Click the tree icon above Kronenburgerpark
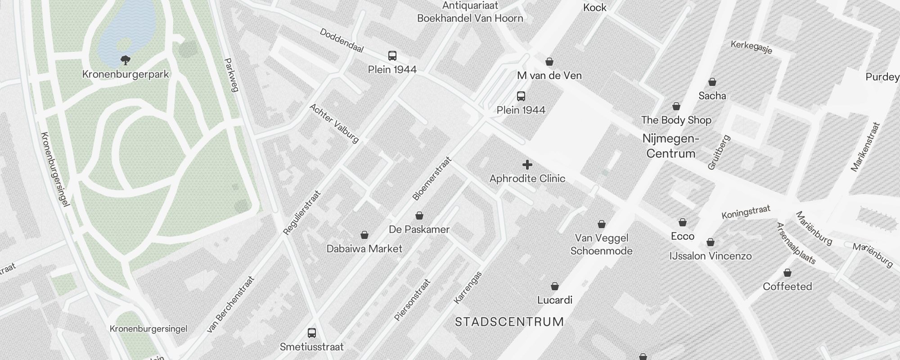pos(126,60)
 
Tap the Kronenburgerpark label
pos(126,74)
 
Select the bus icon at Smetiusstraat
pos(311,333)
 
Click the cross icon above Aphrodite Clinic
pos(527,165)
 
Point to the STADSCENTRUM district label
pos(509,322)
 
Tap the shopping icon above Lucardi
pos(555,286)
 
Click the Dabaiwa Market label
pos(364,249)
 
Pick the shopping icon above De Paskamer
pos(419,216)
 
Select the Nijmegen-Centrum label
pos(671,146)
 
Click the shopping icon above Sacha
pos(712,82)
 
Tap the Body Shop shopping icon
pos(676,107)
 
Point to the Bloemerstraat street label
pos(432,179)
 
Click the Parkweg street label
pos(230,75)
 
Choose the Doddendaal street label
pos(342,40)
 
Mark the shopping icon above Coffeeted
pos(787,273)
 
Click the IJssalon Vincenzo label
pos(711,256)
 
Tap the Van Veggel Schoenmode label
pos(602,244)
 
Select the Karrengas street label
pos(468,287)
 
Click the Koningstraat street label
pos(746,212)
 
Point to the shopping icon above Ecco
pos(683,222)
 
